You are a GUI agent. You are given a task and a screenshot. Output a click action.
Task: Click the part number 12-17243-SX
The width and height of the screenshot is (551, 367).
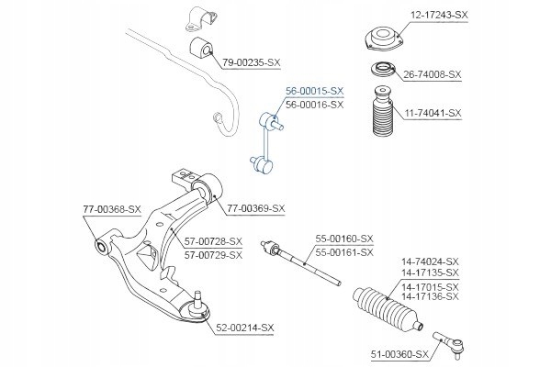439,15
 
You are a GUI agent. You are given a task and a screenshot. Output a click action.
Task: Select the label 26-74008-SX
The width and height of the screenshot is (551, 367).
432,74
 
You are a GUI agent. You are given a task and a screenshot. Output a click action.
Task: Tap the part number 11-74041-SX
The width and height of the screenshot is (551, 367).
433,113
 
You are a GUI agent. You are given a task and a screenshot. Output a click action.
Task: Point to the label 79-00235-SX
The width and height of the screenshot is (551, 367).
252,63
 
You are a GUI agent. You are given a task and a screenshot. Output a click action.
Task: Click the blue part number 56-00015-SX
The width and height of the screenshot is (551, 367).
314,91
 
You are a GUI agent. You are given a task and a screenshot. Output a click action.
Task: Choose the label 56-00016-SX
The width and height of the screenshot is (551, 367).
314,105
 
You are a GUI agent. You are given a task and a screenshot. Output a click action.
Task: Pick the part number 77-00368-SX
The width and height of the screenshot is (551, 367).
112,209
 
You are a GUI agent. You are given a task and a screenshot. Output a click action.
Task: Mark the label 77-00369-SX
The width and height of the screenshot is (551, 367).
256,208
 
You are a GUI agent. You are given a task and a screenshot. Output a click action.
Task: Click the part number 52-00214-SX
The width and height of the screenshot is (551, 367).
244,328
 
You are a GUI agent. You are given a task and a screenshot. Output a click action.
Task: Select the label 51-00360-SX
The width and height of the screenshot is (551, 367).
399,354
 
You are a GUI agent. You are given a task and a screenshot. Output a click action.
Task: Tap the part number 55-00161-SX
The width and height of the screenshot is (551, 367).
344,252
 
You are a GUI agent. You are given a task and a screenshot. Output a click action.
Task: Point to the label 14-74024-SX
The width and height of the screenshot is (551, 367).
430,261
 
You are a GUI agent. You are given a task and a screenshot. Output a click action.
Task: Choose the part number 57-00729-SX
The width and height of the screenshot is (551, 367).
213,255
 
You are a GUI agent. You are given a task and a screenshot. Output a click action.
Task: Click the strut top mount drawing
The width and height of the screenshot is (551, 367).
383,39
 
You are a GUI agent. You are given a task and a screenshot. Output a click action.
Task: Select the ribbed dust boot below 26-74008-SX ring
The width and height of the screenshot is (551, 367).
382,111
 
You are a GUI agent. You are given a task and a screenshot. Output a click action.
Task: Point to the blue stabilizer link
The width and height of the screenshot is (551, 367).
267,142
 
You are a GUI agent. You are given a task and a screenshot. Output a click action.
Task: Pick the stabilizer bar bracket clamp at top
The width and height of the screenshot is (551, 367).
201,19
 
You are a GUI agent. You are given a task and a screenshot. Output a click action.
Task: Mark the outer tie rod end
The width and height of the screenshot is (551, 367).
449,344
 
